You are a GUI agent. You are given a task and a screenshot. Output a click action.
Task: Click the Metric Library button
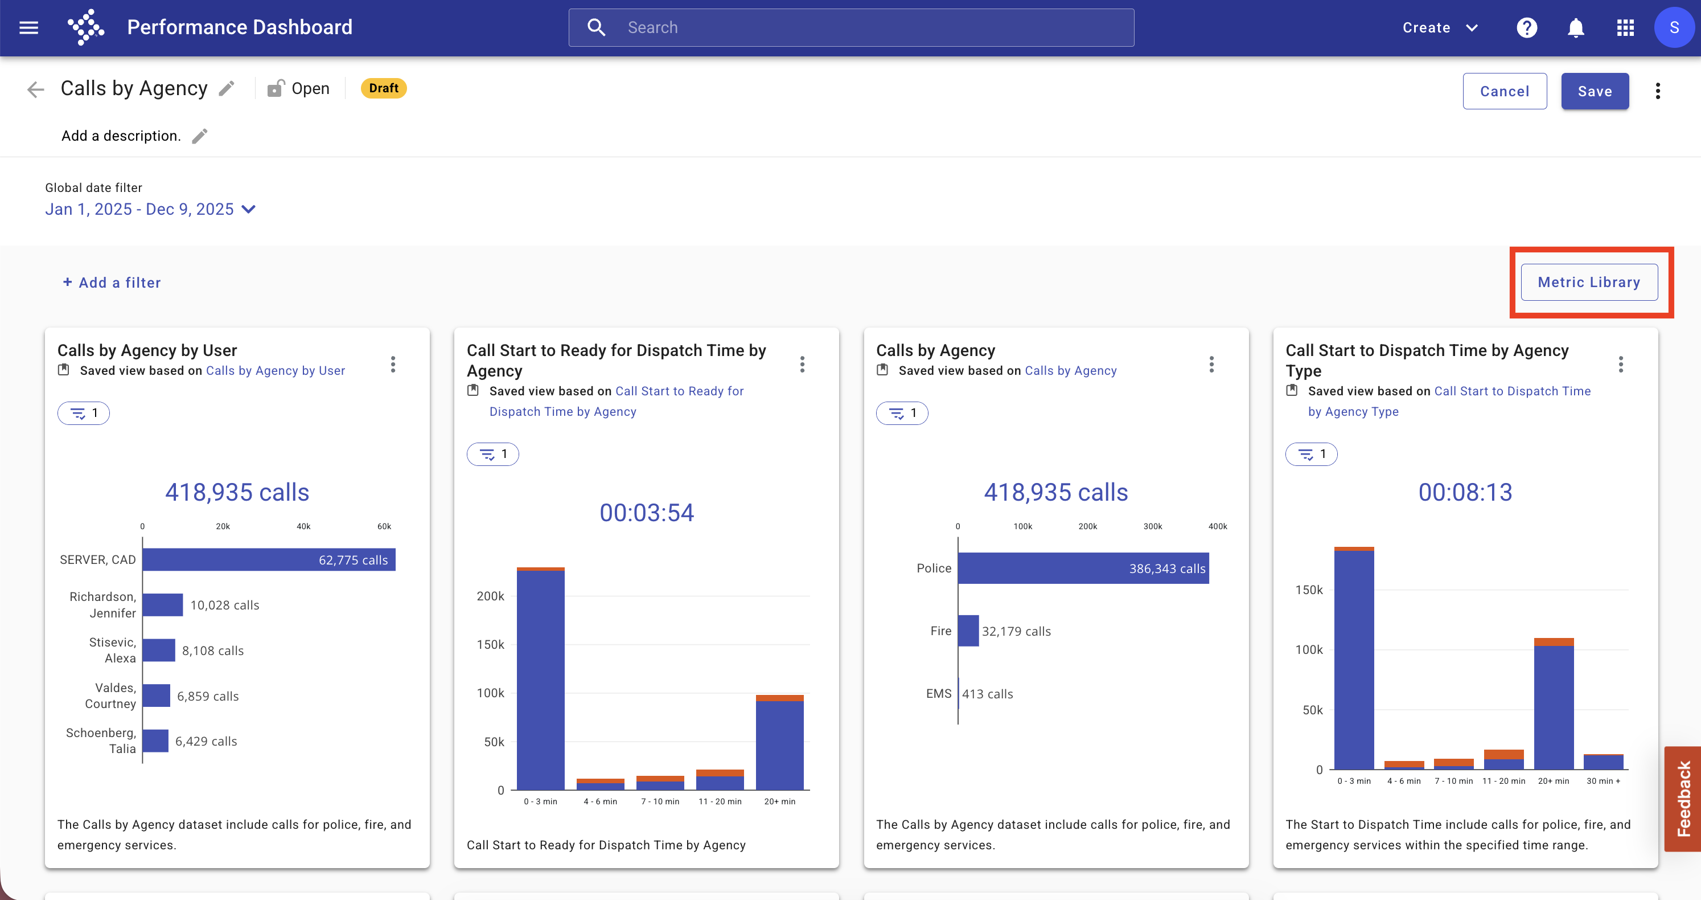coord(1589,282)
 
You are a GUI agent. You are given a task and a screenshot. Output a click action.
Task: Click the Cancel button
coord(1504,91)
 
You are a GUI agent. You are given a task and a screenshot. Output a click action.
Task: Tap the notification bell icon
coord(1576,28)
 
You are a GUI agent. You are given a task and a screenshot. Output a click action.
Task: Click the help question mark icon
coord(1527,28)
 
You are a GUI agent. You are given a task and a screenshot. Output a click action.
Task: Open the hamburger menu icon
coord(29,28)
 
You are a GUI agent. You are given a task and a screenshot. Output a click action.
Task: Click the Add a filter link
coord(112,283)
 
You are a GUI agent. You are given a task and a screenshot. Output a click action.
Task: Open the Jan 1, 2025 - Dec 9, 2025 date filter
coord(150,210)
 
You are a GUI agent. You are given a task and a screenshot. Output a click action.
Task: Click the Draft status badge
coord(384,88)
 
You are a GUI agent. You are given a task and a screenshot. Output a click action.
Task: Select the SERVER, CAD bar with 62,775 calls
coord(269,560)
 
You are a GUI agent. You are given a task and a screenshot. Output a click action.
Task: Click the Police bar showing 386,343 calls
coord(1083,568)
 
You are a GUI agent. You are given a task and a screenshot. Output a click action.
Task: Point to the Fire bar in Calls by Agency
coord(968,631)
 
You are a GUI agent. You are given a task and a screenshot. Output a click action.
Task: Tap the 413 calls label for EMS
coord(987,694)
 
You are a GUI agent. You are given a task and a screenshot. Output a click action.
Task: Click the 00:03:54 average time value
coord(647,513)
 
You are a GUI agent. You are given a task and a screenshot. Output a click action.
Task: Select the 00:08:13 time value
coord(1465,492)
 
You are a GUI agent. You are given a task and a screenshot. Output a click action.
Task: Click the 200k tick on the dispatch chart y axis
coord(491,596)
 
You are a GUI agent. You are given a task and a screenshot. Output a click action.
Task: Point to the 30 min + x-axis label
coord(1603,781)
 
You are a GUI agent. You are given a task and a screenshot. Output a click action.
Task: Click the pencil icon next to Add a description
coord(199,136)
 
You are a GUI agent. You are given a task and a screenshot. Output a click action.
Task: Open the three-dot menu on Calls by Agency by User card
coord(393,365)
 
